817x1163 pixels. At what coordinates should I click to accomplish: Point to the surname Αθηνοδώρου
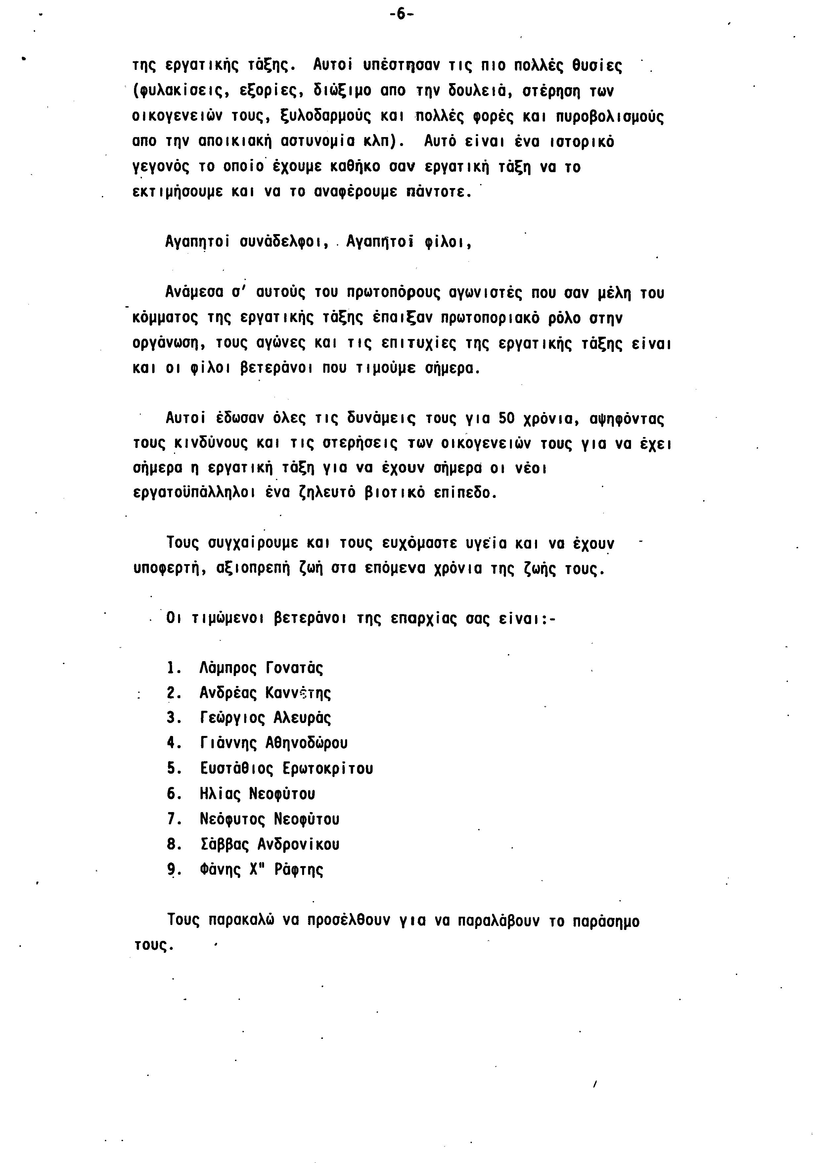[306, 743]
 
